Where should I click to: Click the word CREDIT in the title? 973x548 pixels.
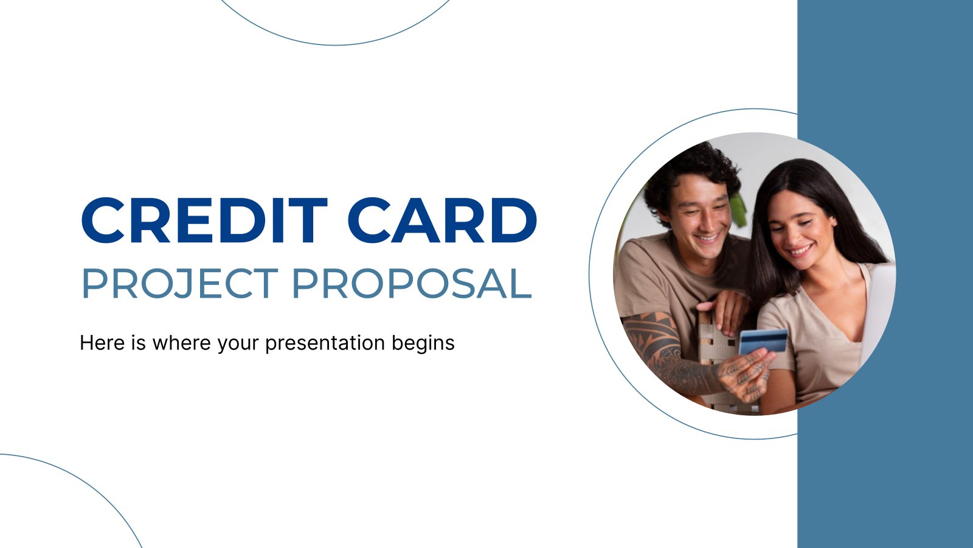click(x=204, y=220)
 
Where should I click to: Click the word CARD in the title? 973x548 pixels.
click(x=442, y=220)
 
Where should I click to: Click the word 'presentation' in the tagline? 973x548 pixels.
click(x=325, y=344)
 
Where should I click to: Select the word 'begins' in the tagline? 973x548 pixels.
click(x=423, y=344)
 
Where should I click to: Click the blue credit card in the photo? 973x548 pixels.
click(x=763, y=342)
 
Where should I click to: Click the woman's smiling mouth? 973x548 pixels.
click(x=800, y=250)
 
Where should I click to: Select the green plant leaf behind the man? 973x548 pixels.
click(x=738, y=209)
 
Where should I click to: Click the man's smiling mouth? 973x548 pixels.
click(x=708, y=238)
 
